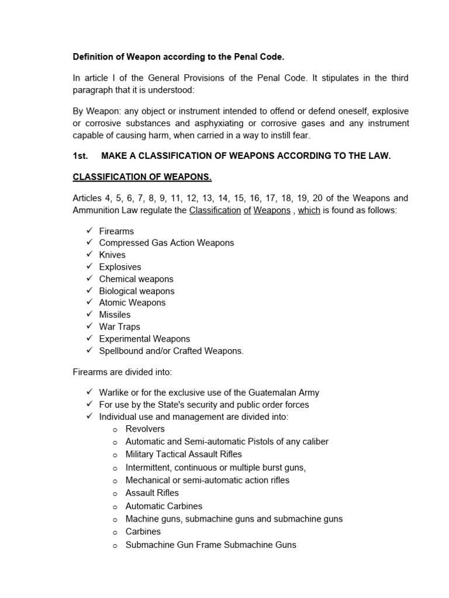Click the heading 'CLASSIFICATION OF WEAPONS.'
[x=142, y=177]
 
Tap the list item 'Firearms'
[x=116, y=231]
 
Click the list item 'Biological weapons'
[x=136, y=291]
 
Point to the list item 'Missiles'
[x=115, y=315]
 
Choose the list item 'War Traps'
[x=119, y=326]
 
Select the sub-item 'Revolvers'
[x=145, y=429]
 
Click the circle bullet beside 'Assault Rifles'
[x=116, y=493]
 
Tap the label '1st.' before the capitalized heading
[x=80, y=157]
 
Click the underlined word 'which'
[x=309, y=210]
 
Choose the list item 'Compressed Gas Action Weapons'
[x=166, y=243]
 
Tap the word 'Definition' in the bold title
[x=92, y=57]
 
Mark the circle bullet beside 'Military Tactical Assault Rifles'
[x=116, y=454]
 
